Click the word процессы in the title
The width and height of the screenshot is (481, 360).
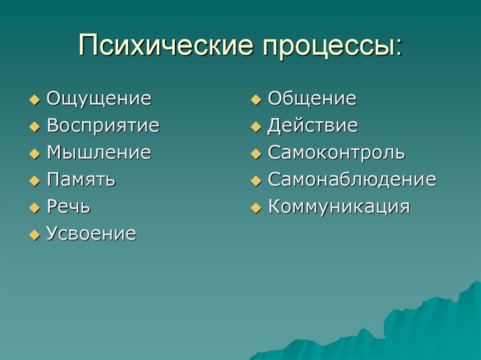point(332,46)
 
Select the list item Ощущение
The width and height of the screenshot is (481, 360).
point(99,99)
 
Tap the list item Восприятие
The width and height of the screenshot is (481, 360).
point(103,126)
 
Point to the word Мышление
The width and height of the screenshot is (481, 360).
point(99,153)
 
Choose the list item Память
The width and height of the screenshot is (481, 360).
point(81,180)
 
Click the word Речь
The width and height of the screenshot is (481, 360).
point(69,207)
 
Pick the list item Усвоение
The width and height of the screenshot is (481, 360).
point(91,233)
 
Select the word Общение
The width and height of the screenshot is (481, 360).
point(312,99)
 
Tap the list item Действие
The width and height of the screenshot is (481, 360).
point(313,126)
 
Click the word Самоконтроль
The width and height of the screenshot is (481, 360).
point(336,153)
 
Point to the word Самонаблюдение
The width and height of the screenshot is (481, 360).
point(352,180)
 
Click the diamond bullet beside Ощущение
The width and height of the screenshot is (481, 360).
point(34,100)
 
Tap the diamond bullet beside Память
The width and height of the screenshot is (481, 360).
point(34,181)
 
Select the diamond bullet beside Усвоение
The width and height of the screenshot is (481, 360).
point(34,235)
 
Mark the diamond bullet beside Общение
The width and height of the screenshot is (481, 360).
point(255,100)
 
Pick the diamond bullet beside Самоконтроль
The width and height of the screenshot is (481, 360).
point(255,154)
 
